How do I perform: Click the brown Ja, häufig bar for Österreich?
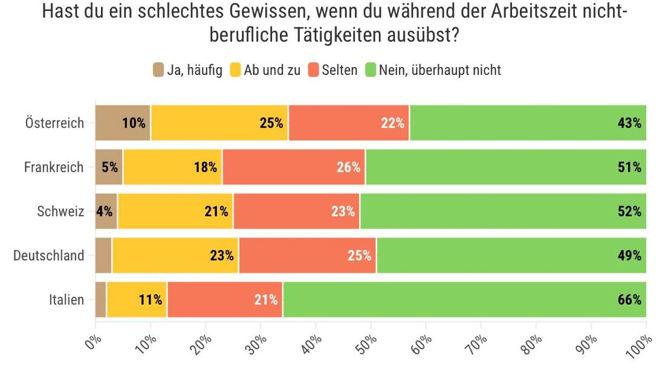(x=123, y=123)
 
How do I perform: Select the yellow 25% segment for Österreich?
(x=219, y=123)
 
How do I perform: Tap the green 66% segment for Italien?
(x=464, y=299)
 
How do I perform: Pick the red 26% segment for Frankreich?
(x=294, y=167)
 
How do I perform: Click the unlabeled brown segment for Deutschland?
(x=103, y=255)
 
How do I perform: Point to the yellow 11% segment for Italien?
(x=137, y=299)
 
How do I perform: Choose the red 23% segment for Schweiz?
(x=296, y=211)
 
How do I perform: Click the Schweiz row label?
(x=60, y=211)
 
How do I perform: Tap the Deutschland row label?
(x=49, y=256)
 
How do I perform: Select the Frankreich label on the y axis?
(x=54, y=167)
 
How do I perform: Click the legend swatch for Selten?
(x=314, y=70)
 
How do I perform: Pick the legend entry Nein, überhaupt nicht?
(x=440, y=70)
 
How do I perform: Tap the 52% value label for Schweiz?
(x=629, y=211)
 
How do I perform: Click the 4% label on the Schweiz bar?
(x=104, y=211)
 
